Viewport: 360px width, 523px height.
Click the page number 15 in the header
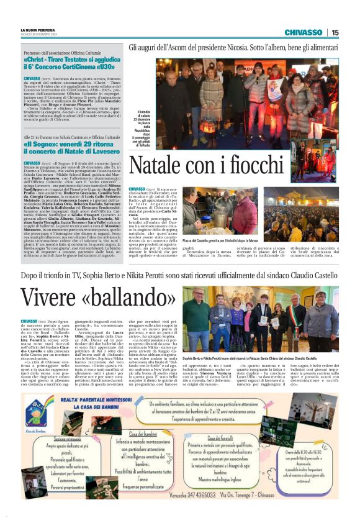click(335, 32)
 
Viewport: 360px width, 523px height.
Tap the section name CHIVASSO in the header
click(303, 32)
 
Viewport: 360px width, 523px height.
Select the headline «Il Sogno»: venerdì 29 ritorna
click(74, 147)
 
